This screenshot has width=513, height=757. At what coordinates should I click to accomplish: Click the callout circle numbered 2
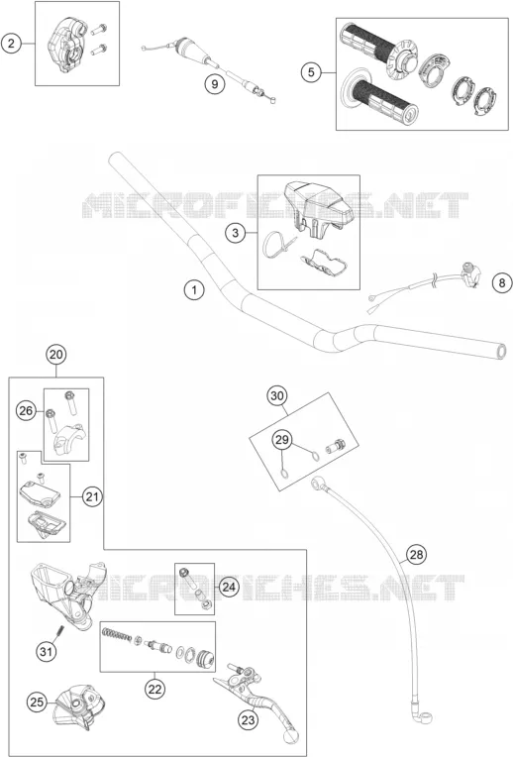[11, 44]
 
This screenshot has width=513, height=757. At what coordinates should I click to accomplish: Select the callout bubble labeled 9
[214, 84]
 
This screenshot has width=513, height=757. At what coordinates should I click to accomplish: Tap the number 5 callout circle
[311, 72]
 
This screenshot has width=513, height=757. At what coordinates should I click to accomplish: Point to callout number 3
[235, 233]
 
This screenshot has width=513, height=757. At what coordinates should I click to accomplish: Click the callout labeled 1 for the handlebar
[194, 290]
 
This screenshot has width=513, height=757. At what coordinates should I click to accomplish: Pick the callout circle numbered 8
[502, 282]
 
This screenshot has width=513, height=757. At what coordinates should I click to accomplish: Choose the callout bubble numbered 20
[56, 355]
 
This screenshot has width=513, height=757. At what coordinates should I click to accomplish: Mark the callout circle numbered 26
[26, 411]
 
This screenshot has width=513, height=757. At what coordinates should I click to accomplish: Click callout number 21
[92, 496]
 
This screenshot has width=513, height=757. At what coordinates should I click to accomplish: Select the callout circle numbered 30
[277, 396]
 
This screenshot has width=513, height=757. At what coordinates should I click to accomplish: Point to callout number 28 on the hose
[416, 554]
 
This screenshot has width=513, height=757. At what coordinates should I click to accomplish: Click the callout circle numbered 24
[229, 587]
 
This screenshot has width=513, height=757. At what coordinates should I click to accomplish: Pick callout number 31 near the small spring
[46, 652]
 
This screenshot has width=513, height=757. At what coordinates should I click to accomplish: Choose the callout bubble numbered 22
[154, 689]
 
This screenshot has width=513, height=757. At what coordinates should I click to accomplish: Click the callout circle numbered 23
[248, 720]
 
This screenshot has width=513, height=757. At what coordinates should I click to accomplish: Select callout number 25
[37, 702]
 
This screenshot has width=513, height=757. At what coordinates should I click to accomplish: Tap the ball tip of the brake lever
[291, 736]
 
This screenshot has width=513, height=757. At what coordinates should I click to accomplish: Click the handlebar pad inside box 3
[319, 203]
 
